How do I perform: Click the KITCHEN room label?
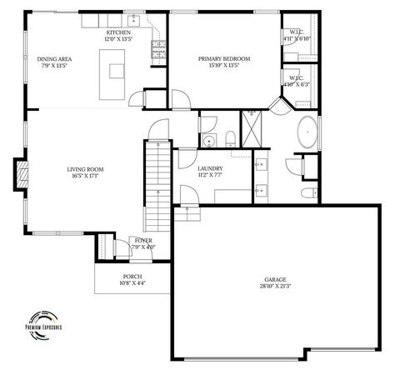(117, 32)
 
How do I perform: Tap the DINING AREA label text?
(54, 58)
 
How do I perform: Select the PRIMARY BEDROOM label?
(224, 58)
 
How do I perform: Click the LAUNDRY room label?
(209, 169)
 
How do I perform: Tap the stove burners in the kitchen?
(157, 52)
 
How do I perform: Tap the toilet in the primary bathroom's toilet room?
(308, 193)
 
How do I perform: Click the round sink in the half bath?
(208, 138)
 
